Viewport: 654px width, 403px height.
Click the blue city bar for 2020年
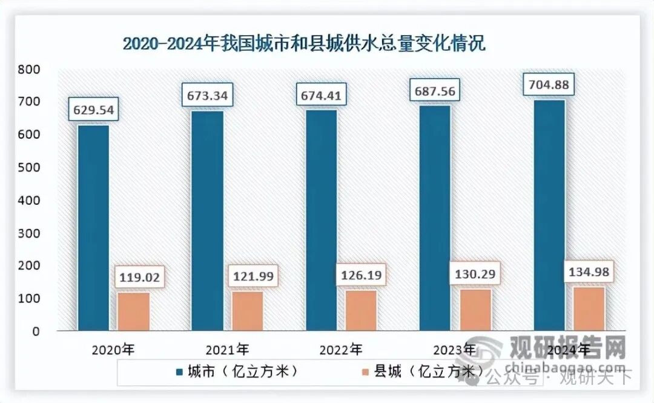click(x=93, y=227)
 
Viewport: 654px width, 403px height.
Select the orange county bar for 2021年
click(x=247, y=310)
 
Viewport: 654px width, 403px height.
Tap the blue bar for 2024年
click(x=549, y=215)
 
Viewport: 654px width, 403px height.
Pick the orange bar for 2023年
click(x=475, y=309)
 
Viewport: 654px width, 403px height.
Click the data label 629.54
click(x=94, y=111)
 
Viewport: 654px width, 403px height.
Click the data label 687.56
click(x=435, y=91)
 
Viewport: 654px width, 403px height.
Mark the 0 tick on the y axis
click(x=36, y=331)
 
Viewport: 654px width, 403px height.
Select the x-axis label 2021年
click(x=227, y=350)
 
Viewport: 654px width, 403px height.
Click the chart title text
click(x=304, y=44)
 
